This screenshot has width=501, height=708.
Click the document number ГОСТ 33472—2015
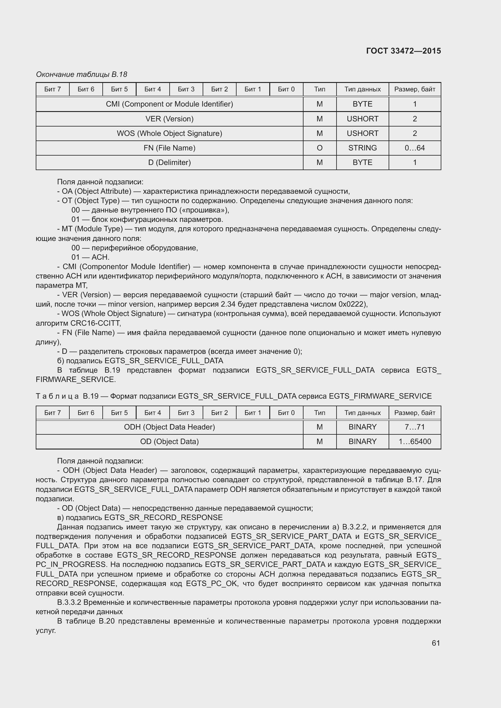coord(403,51)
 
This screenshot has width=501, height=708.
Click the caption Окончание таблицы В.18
coord(81,74)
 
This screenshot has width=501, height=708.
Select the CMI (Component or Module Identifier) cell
coord(169,104)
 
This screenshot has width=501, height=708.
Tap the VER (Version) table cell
coord(169,119)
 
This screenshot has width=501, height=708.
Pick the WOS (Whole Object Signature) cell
coord(169,133)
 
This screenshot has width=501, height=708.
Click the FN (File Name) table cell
coord(169,148)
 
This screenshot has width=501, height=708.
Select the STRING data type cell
coord(362,148)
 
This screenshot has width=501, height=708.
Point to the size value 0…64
coord(414,148)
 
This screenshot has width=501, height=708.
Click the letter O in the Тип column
coord(319,148)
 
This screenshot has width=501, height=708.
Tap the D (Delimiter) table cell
coord(169,163)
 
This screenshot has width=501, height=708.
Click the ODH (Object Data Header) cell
coord(169,427)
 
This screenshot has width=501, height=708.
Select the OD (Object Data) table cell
coord(169,442)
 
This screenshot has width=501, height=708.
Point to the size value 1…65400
coord(414,442)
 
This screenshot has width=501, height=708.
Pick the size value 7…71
coord(414,427)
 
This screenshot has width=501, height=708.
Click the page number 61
coord(436,643)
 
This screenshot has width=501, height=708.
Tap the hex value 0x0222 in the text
coord(352,304)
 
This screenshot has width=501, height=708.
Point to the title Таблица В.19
coord(67,396)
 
